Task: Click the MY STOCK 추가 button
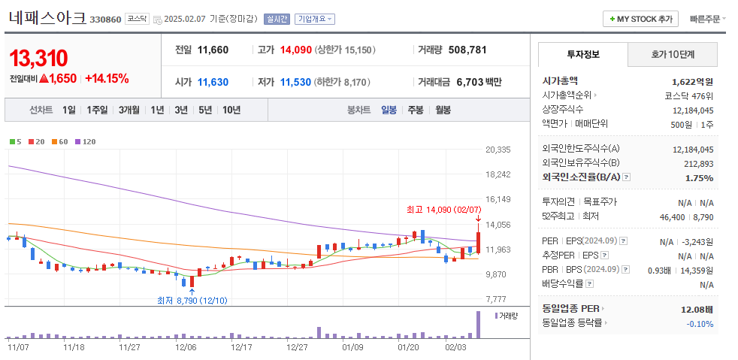click(x=641, y=19)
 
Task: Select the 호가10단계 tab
click(x=673, y=55)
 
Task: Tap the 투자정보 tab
click(x=583, y=55)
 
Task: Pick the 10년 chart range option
click(x=231, y=110)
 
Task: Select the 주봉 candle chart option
click(x=416, y=110)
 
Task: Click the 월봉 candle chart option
click(x=443, y=110)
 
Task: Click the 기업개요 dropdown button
click(x=314, y=19)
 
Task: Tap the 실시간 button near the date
click(x=278, y=19)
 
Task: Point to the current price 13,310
click(x=39, y=58)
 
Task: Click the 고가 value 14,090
click(x=295, y=50)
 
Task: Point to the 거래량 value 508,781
click(x=467, y=50)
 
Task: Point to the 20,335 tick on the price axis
click(x=498, y=150)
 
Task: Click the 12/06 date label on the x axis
click(x=186, y=347)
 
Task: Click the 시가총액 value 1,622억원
click(x=692, y=81)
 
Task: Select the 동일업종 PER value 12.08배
click(x=697, y=309)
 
